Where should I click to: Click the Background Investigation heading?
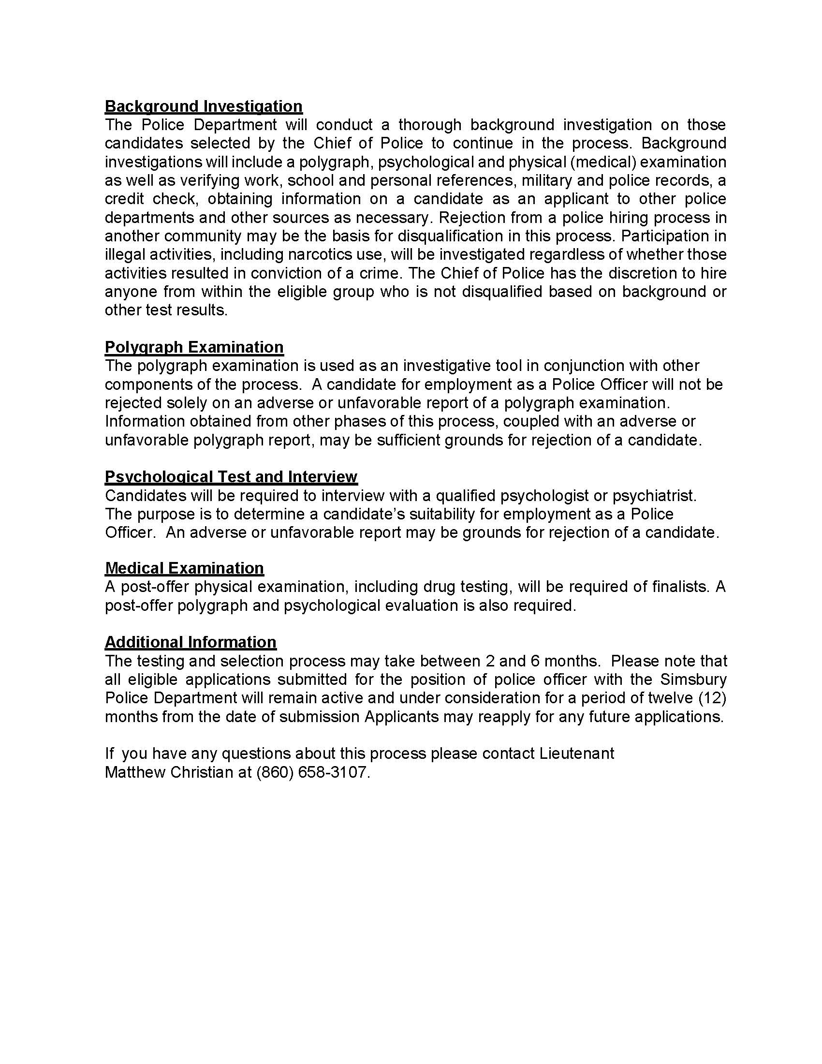tap(204, 106)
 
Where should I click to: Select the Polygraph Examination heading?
tap(194, 347)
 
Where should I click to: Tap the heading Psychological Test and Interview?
tap(231, 476)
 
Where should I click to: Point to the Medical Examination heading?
tap(184, 568)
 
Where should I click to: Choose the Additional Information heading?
tap(191, 642)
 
